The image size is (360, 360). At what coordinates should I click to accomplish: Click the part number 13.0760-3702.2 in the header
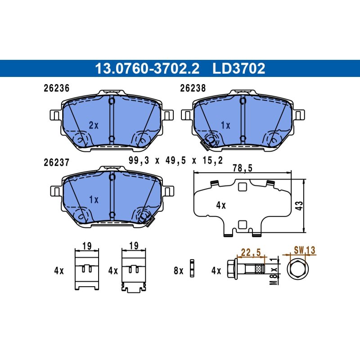[x=147, y=68]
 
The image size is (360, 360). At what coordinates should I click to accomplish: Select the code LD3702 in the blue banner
[x=239, y=68]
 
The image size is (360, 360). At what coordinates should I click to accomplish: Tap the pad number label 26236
[x=57, y=88]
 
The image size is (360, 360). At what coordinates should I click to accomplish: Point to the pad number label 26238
[x=193, y=88]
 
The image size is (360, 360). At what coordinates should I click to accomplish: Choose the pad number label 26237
[x=57, y=162]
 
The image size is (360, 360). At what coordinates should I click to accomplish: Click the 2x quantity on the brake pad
[x=94, y=125]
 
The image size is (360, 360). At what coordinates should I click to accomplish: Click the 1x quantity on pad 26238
[x=225, y=125]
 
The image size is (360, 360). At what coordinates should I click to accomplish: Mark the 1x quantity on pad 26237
[x=94, y=199]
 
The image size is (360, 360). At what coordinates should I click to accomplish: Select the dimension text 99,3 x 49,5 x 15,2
[x=175, y=160]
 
